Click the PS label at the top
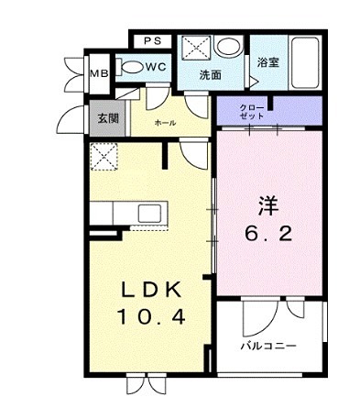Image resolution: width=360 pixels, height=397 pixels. click(152, 40)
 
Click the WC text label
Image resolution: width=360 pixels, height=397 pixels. click(155, 67)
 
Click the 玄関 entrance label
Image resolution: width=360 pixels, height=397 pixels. click(100, 116)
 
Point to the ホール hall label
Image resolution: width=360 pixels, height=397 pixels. click(165, 123)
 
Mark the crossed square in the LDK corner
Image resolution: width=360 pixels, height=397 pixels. click(105, 157)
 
